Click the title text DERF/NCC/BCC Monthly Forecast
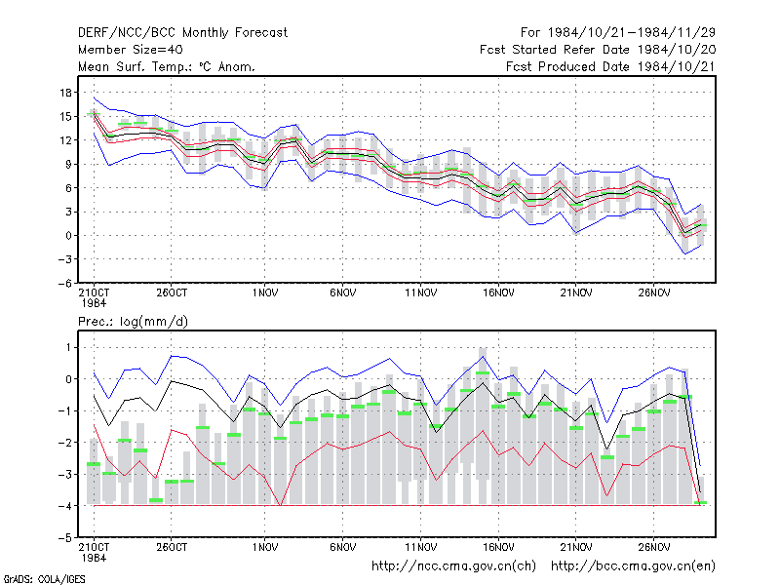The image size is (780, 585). (182, 33)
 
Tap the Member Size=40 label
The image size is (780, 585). (131, 50)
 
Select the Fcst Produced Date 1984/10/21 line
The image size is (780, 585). (610, 66)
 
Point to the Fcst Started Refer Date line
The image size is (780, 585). (598, 50)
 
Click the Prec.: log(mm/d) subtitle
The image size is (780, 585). (133, 322)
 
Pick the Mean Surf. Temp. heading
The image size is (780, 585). (167, 66)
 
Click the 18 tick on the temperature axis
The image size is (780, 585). (65, 93)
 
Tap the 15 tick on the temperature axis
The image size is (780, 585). (65, 116)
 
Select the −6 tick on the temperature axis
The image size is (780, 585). (65, 283)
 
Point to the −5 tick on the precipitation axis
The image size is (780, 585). (65, 538)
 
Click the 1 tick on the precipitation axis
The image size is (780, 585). (68, 347)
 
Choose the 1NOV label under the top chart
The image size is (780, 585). (265, 293)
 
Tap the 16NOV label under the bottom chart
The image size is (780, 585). (498, 547)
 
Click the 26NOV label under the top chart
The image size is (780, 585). (654, 293)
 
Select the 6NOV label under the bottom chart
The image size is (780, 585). (343, 547)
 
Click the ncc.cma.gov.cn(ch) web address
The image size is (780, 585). (453, 566)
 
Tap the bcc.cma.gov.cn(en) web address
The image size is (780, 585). (633, 566)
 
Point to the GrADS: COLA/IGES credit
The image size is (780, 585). (44, 579)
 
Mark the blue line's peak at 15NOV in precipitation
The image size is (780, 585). (483, 356)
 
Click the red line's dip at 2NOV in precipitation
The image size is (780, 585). (281, 505)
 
